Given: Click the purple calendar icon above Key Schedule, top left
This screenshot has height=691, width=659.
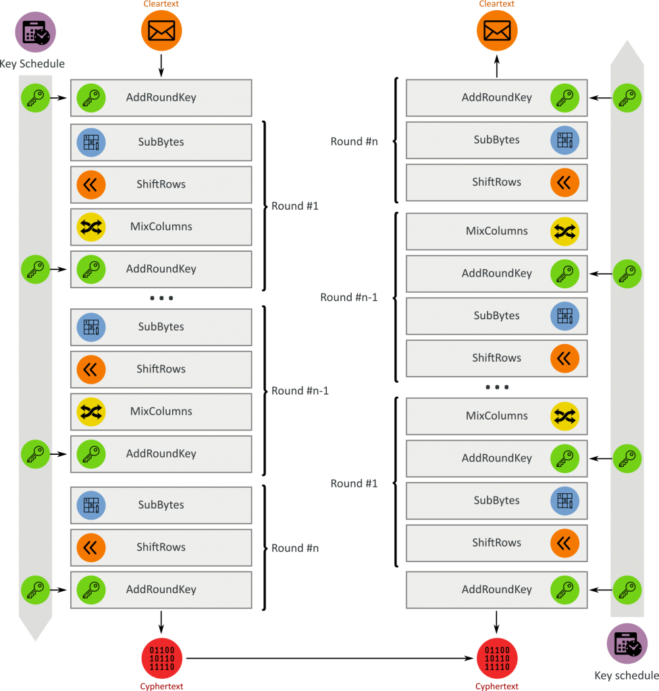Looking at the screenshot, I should click(x=35, y=32).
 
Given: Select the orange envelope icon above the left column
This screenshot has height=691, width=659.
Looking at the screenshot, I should click(x=161, y=30).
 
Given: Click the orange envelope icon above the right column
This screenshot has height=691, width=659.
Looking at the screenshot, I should click(x=497, y=30).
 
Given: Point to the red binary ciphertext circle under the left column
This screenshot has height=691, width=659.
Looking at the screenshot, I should click(x=161, y=658).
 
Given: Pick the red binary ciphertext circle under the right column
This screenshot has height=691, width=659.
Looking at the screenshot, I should click(x=497, y=658).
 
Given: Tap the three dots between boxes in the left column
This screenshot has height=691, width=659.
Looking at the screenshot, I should click(x=161, y=298).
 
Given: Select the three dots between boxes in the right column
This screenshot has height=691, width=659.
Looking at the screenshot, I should click(x=497, y=387).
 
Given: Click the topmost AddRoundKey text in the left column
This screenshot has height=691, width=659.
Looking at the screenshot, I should click(x=161, y=97).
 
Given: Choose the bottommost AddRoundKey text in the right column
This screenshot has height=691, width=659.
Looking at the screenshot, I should click(x=496, y=590).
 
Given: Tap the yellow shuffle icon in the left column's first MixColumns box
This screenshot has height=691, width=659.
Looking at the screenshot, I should click(x=90, y=227).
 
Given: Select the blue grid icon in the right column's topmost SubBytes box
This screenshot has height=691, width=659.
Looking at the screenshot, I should click(x=564, y=140).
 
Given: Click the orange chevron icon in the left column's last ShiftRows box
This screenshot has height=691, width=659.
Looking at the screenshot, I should click(x=90, y=547).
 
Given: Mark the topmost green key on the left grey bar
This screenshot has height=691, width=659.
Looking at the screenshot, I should click(x=35, y=97).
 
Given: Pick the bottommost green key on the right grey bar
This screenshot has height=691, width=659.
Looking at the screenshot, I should click(x=627, y=590).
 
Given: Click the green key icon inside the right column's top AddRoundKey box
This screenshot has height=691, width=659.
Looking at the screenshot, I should click(x=564, y=97).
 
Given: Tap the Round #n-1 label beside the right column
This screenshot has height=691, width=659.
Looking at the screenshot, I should click(x=348, y=298).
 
